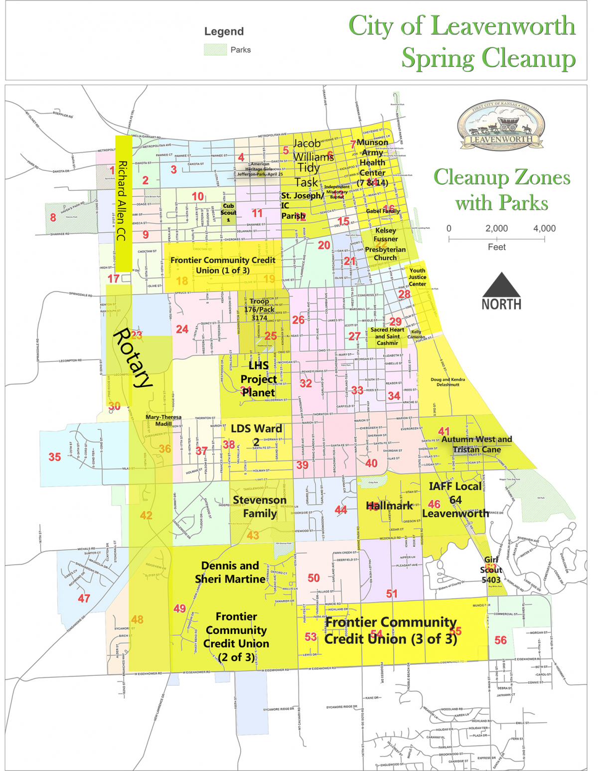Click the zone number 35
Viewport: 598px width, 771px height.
coord(55,457)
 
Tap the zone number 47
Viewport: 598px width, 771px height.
coord(84,598)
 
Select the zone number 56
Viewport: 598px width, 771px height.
coord(500,640)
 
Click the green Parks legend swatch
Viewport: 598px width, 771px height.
coord(215,49)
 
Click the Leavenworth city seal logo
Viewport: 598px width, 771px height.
coord(501,126)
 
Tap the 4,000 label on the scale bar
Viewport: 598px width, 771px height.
coord(544,229)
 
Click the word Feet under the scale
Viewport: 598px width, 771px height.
coord(496,247)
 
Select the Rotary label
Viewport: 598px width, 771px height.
coord(132,357)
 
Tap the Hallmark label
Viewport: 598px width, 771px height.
coord(389,506)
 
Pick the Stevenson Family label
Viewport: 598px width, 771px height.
coord(260,506)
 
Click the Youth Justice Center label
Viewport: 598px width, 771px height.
coord(418,277)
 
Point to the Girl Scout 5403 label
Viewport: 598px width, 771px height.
coord(491,570)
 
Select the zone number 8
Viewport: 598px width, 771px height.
coord(53,217)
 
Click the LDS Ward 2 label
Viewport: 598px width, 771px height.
coord(256,435)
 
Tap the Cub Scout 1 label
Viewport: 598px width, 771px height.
coord(228,212)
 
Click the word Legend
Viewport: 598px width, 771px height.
coord(224,31)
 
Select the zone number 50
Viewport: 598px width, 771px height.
coord(313,578)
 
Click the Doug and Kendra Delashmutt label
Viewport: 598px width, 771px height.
coord(448,382)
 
